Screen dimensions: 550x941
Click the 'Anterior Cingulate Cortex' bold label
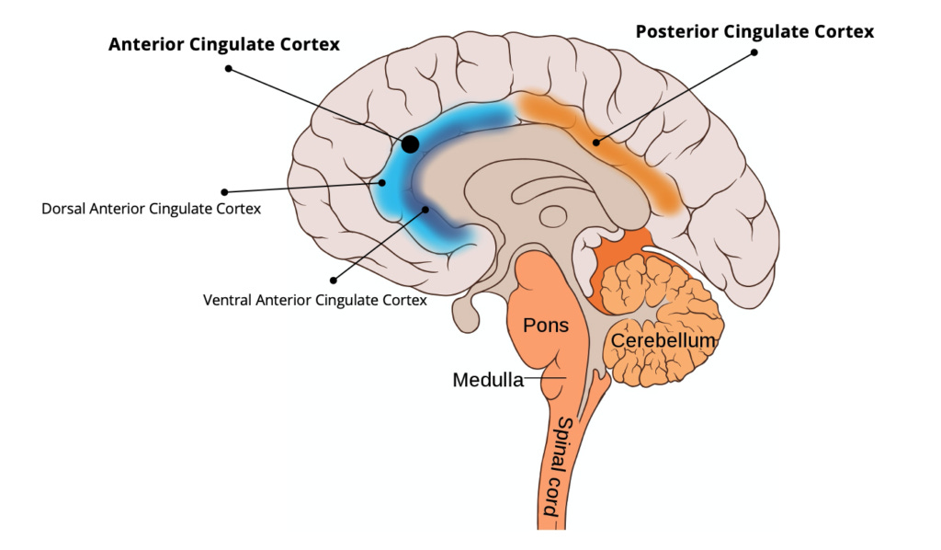pos(224,44)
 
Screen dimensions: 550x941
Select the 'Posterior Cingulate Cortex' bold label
pos(754,31)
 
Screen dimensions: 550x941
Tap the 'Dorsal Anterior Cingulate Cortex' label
pos(151,209)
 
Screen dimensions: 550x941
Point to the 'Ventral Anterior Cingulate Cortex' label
pos(314,300)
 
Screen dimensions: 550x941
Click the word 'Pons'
pos(546,326)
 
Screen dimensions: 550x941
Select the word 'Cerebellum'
pos(663,341)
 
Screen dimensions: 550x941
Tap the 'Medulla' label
pos(487,380)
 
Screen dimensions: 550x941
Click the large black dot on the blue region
pos(411,143)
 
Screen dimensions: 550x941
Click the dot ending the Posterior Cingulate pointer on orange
pos(596,142)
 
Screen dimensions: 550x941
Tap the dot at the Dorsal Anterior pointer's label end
pos(225,191)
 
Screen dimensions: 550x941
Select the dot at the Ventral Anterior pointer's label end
pos(333,279)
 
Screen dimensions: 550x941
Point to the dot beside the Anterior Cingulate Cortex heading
pos(228,68)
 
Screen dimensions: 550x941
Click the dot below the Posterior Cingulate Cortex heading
pos(754,52)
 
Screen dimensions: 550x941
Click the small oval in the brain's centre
pos(553,217)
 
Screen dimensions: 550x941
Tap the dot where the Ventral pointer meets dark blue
pos(425,209)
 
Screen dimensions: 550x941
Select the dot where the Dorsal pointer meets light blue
pos(383,182)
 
